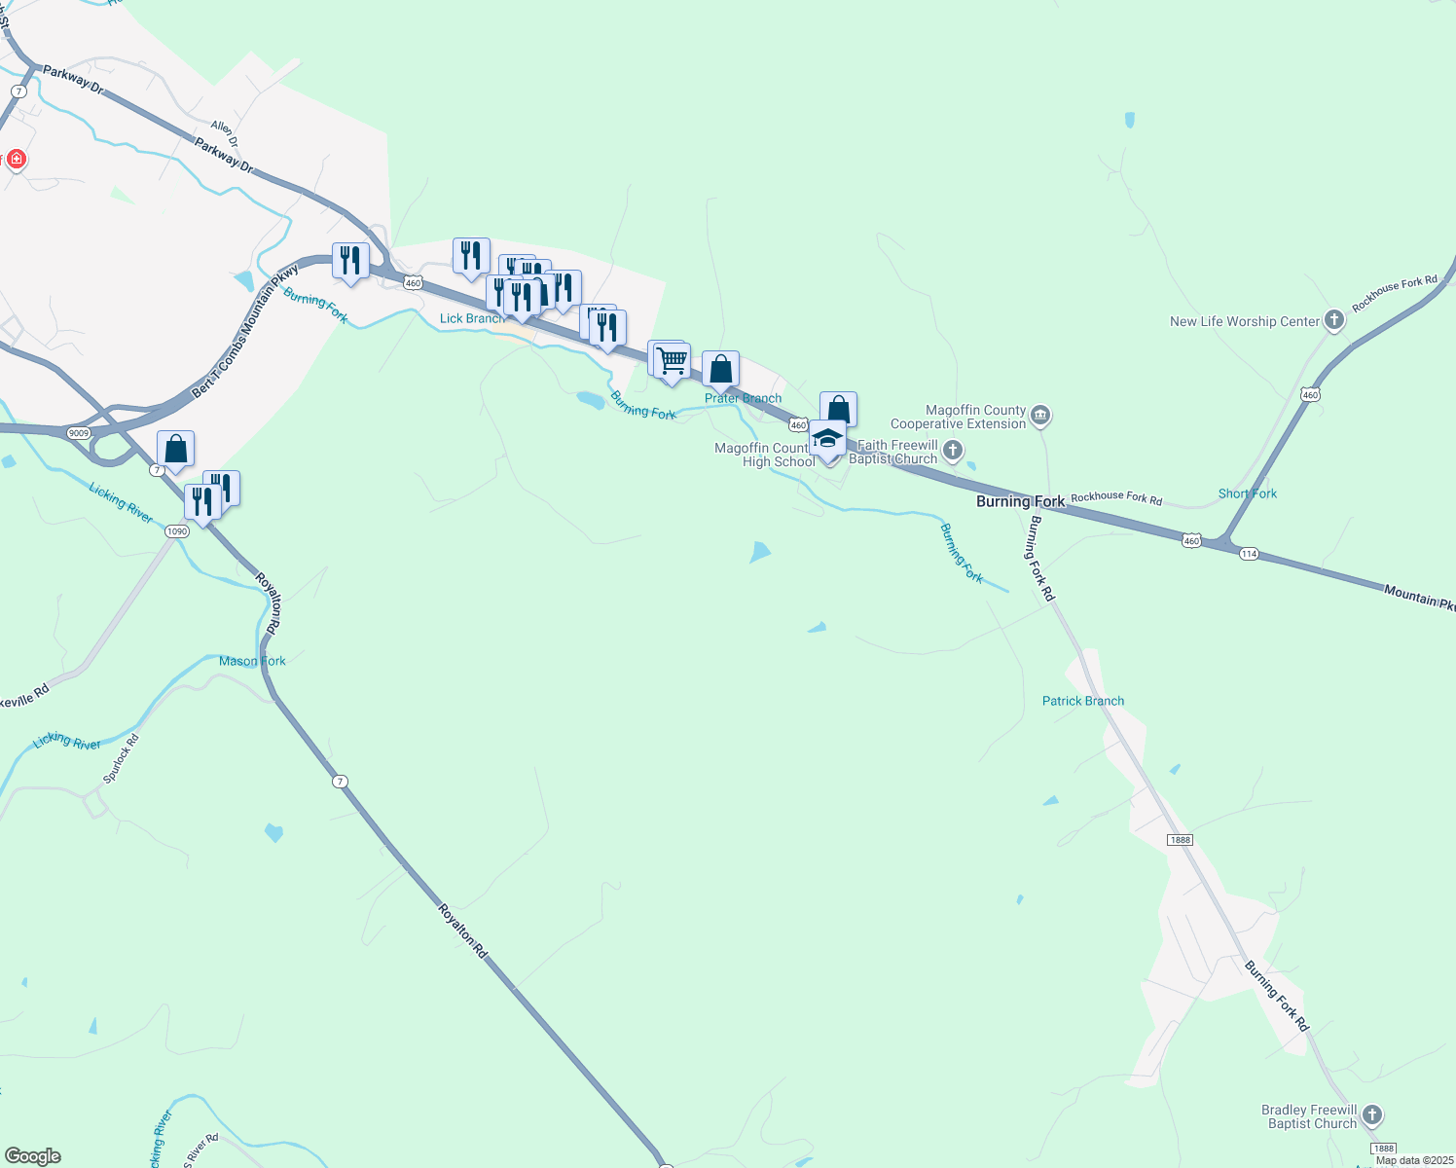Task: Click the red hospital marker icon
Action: click(x=16, y=159)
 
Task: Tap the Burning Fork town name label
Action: click(x=1020, y=501)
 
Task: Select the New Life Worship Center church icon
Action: click(x=1333, y=320)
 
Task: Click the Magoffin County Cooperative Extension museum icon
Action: click(x=1040, y=417)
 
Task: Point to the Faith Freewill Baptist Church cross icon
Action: click(x=953, y=450)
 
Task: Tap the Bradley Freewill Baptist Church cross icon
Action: click(x=1371, y=1115)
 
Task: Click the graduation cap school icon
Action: click(x=827, y=438)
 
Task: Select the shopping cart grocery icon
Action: click(x=672, y=361)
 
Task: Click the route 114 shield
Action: click(x=1249, y=553)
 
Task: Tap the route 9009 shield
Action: click(x=78, y=432)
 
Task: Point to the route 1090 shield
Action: click(x=176, y=530)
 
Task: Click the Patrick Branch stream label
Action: click(x=1082, y=701)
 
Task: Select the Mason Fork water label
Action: click(x=252, y=661)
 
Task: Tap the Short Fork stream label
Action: click(x=1247, y=493)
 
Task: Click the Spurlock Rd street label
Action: click(x=122, y=758)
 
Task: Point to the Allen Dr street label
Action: click(x=224, y=133)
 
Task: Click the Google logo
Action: click(x=32, y=1156)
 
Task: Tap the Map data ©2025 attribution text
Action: click(x=1413, y=1160)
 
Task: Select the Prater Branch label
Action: click(x=743, y=398)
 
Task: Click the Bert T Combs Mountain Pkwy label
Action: click(x=244, y=331)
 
